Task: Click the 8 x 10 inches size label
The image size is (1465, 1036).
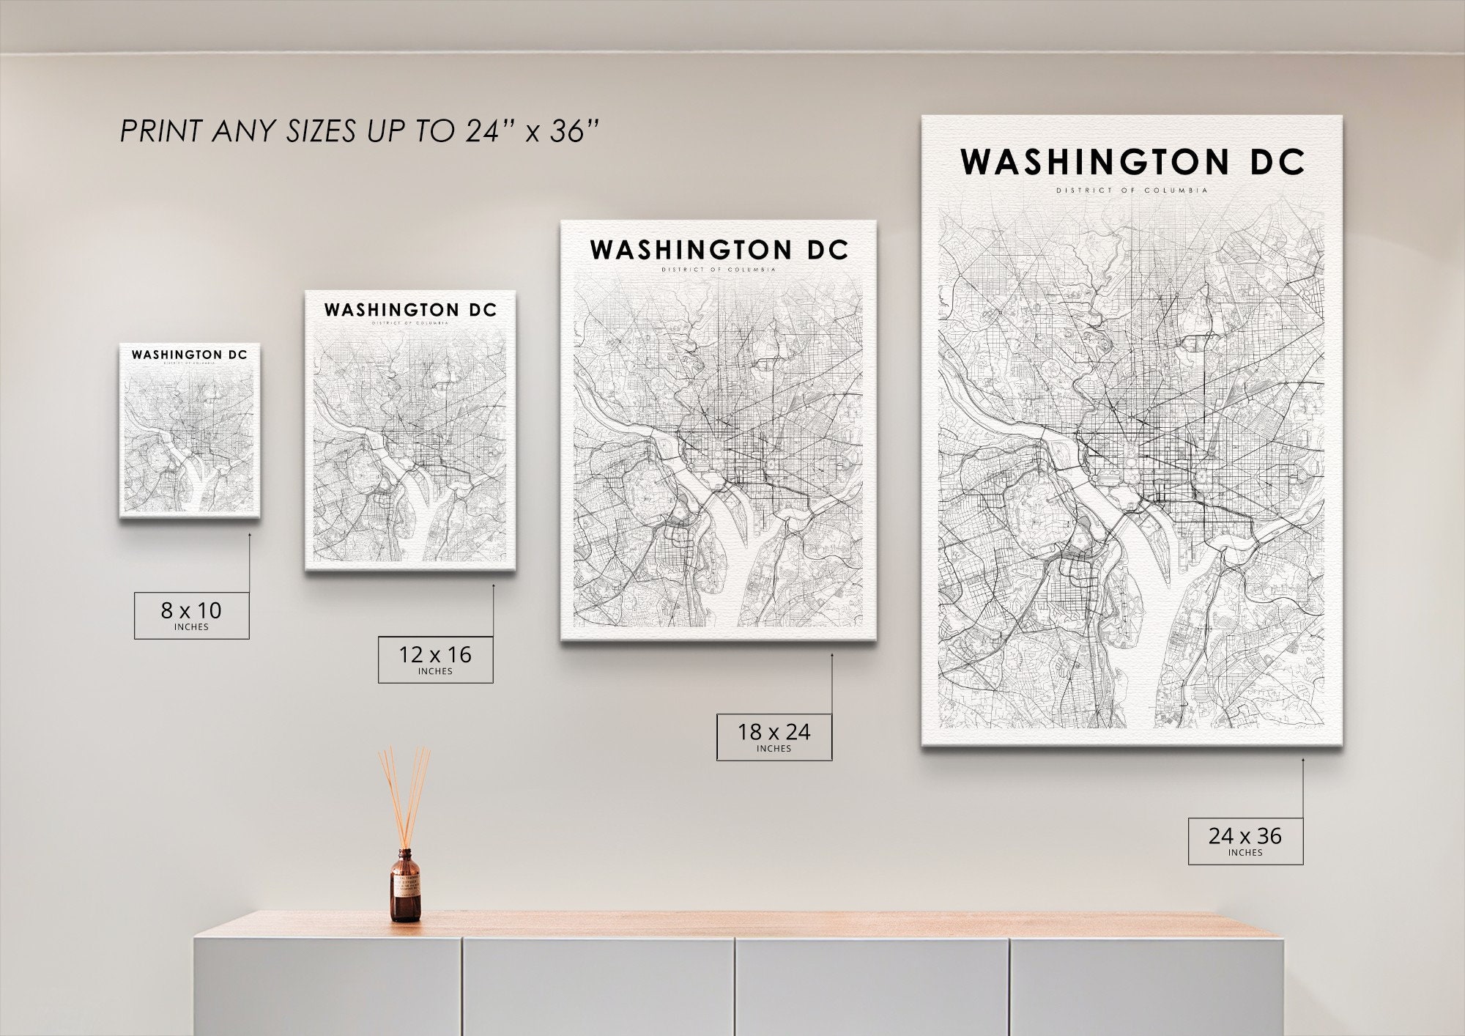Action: point(191,615)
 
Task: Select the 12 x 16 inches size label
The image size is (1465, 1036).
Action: point(435,659)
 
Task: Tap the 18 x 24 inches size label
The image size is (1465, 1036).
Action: point(774,736)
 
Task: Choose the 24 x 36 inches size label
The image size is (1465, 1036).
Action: point(1245,840)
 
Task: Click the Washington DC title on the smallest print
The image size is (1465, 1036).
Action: point(190,355)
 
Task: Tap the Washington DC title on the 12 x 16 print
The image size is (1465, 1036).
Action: point(410,310)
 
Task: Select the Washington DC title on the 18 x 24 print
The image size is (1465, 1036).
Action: point(719,250)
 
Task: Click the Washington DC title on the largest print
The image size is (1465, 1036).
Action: point(1132,162)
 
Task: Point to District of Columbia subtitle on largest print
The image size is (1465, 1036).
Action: point(1132,190)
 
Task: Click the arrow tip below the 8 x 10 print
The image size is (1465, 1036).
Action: point(250,535)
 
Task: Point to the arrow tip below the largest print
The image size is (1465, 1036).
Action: point(1303,760)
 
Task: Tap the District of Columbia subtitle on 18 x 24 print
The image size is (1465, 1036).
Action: point(719,270)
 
